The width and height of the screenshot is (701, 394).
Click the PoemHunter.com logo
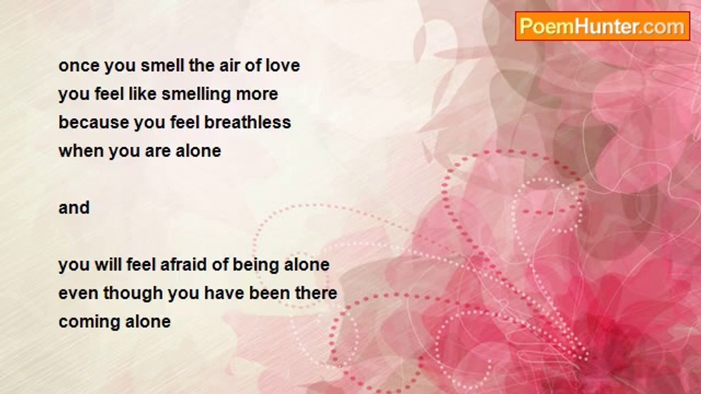[602, 26]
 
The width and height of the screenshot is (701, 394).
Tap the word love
[283, 66]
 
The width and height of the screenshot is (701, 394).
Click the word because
[94, 122]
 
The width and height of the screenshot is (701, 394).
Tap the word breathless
[248, 122]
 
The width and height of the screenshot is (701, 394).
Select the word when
[82, 151]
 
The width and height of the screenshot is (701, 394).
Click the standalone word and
[74, 207]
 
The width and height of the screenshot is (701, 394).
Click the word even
[78, 294]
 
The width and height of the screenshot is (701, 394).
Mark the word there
[315, 293]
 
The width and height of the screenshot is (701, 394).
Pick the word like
[142, 94]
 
